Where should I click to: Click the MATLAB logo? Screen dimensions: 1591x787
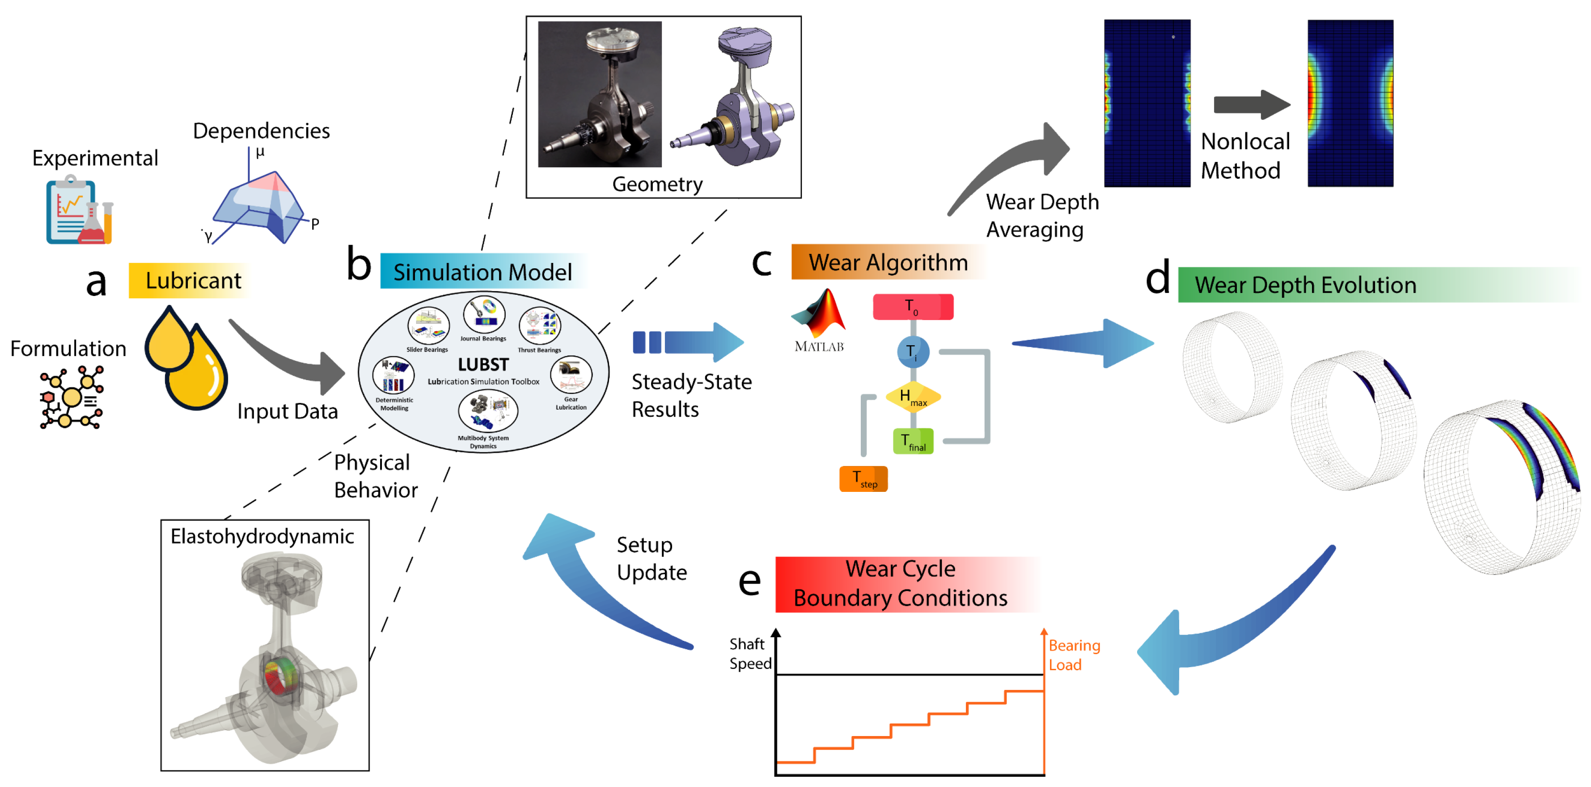click(819, 320)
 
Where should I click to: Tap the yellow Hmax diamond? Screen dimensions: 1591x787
click(913, 397)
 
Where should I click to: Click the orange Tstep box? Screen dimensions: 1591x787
click(863, 479)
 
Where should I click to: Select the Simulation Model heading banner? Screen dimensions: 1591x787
click(483, 272)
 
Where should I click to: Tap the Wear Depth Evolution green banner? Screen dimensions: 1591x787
click(1377, 285)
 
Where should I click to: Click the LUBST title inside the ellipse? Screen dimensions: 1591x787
click(483, 364)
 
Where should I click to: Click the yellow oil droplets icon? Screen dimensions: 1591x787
click(185, 358)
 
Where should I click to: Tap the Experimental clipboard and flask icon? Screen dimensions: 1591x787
click(79, 210)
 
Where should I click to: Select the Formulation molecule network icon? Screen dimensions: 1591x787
click(71, 397)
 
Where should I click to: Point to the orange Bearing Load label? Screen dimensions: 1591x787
click(1074, 655)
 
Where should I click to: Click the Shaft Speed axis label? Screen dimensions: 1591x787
click(750, 654)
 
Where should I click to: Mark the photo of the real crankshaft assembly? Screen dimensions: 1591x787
click(600, 94)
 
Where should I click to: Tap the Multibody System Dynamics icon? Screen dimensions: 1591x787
click(488, 411)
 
